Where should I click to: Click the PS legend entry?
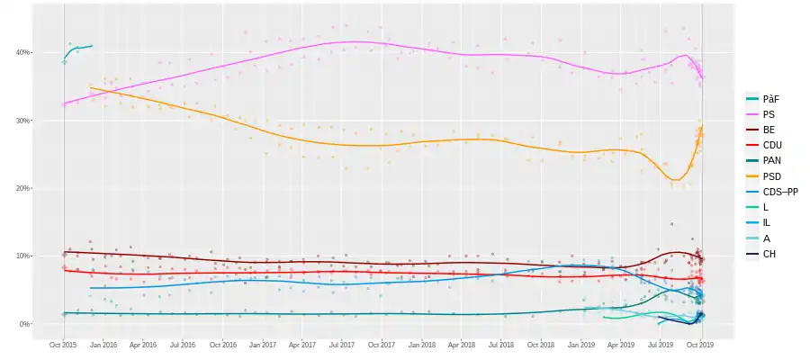tap(768, 114)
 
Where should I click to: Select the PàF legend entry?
tap(769, 97)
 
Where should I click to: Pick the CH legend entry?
tap(769, 255)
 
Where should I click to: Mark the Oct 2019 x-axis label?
tap(701, 344)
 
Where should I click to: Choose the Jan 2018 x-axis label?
tap(422, 344)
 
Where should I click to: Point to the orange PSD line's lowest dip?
tap(675, 180)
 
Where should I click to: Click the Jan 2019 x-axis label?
tap(581, 344)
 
